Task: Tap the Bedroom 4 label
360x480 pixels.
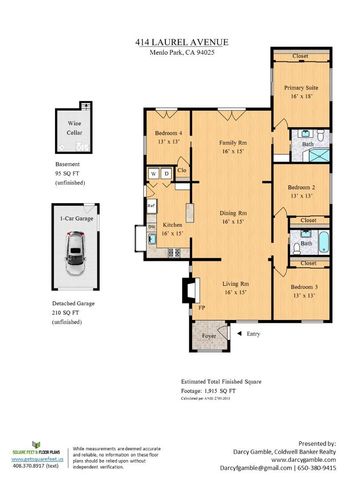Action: pyautogui.click(x=168, y=137)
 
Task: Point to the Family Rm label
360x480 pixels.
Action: pyautogui.click(x=234, y=147)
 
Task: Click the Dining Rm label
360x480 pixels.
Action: pyautogui.click(x=234, y=217)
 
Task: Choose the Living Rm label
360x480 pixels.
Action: pyautogui.click(x=234, y=290)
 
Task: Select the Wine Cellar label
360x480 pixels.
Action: pyautogui.click(x=75, y=128)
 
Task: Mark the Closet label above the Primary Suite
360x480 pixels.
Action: pyautogui.click(x=299, y=57)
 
